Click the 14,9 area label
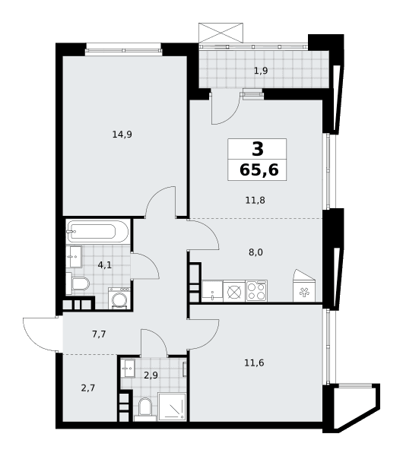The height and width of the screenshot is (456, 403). [122, 135]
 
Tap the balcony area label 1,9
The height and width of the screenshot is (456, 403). [261, 71]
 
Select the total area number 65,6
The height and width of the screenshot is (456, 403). [259, 169]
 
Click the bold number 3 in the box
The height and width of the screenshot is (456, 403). [258, 149]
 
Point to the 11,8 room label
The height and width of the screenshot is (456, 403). [255, 201]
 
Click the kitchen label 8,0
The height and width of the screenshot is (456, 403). [255, 252]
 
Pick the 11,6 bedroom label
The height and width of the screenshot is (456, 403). [254, 363]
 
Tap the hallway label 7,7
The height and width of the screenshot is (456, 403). [99, 334]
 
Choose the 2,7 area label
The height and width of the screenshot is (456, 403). [88, 388]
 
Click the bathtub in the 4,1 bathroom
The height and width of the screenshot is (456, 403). [98, 232]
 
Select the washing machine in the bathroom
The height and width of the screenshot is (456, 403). [119, 298]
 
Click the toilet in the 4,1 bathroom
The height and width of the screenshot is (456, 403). [78, 283]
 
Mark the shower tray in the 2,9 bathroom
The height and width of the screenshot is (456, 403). [172, 407]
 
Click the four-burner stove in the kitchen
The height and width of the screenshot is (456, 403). [256, 291]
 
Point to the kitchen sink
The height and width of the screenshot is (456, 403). [212, 291]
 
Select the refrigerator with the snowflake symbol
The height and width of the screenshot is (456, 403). [304, 287]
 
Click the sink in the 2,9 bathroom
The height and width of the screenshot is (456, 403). [128, 369]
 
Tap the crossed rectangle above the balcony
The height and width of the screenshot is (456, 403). [221, 33]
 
